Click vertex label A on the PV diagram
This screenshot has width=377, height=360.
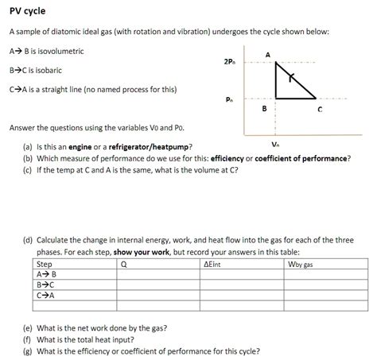click(x=268, y=54)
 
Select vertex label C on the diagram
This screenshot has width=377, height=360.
click(x=319, y=110)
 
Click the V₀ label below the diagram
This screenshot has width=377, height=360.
click(x=275, y=145)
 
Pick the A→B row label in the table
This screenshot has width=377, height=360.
click(x=46, y=274)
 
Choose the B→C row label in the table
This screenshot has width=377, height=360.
click(x=46, y=285)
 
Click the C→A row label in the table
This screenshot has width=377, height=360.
click(x=46, y=295)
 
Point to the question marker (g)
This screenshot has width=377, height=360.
click(x=29, y=350)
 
